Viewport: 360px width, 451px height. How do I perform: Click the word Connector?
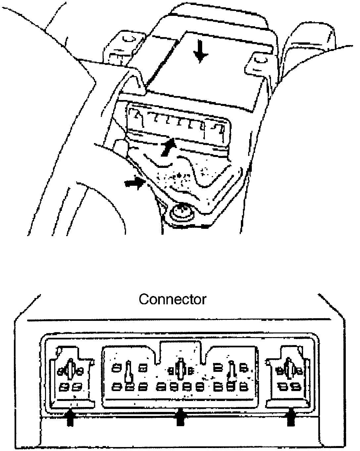pyautogui.click(x=172, y=299)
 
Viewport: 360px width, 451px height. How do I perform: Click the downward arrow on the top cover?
pyautogui.click(x=199, y=53)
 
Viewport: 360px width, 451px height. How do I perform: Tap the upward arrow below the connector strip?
pyautogui.click(x=168, y=147)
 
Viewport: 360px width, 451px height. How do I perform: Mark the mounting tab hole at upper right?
pyautogui.click(x=259, y=60)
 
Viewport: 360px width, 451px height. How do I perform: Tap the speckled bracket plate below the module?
pyautogui.click(x=185, y=179)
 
